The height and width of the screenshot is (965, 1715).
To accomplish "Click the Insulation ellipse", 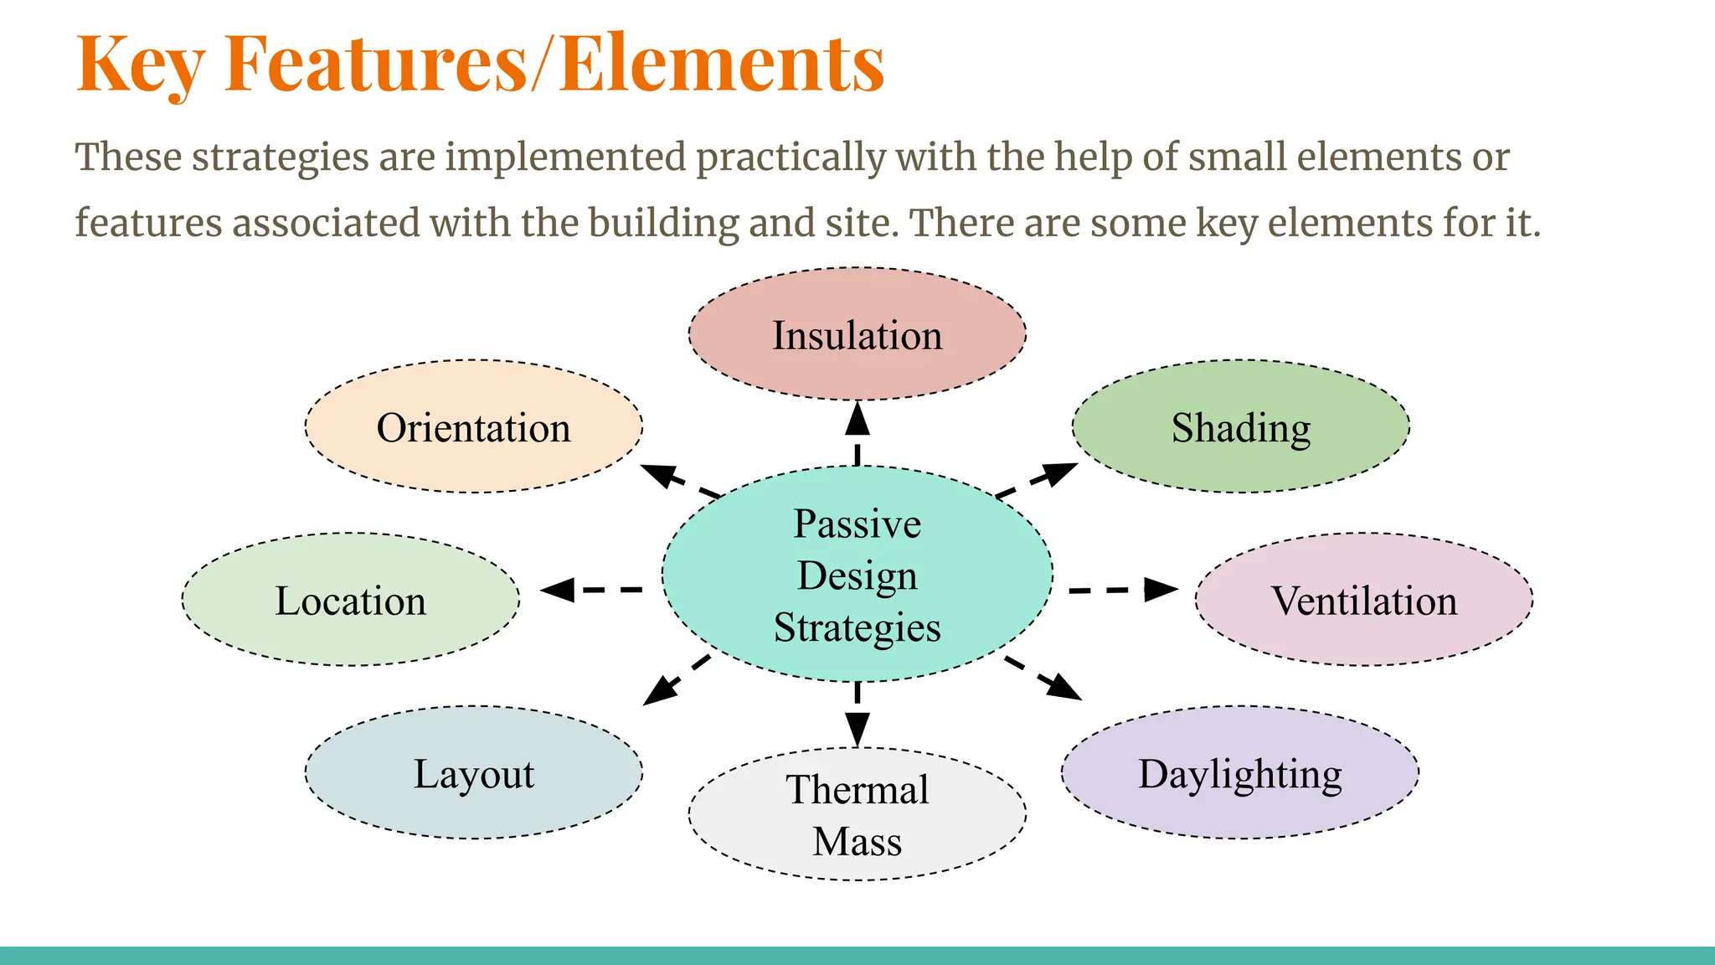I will click(857, 334).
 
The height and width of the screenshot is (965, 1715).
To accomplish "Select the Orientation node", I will click(473, 426).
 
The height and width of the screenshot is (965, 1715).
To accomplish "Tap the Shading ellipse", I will click(1240, 426).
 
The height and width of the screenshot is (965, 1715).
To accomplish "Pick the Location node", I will click(350, 600).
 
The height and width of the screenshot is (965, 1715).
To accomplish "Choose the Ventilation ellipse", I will click(1363, 600).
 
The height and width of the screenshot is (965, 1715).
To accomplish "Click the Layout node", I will click(473, 772).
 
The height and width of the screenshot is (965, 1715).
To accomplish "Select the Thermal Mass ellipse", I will click(857, 814).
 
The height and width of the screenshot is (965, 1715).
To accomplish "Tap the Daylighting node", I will click(1239, 772).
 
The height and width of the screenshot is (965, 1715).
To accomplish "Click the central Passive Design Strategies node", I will click(857, 575).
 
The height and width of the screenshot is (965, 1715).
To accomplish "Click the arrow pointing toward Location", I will click(591, 590).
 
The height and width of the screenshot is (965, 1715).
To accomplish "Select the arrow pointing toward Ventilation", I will click(1124, 590).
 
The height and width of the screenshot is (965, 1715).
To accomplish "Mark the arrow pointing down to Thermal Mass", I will click(857, 714).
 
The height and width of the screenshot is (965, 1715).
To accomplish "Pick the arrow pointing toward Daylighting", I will click(1043, 678).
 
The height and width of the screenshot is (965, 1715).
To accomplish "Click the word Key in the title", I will click(140, 65).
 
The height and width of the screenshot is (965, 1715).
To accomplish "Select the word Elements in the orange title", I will click(721, 65).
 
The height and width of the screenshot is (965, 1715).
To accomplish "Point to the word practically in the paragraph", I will click(790, 157).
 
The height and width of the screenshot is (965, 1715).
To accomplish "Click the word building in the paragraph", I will click(663, 224).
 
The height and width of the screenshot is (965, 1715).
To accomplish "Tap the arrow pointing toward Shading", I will click(1037, 480).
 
